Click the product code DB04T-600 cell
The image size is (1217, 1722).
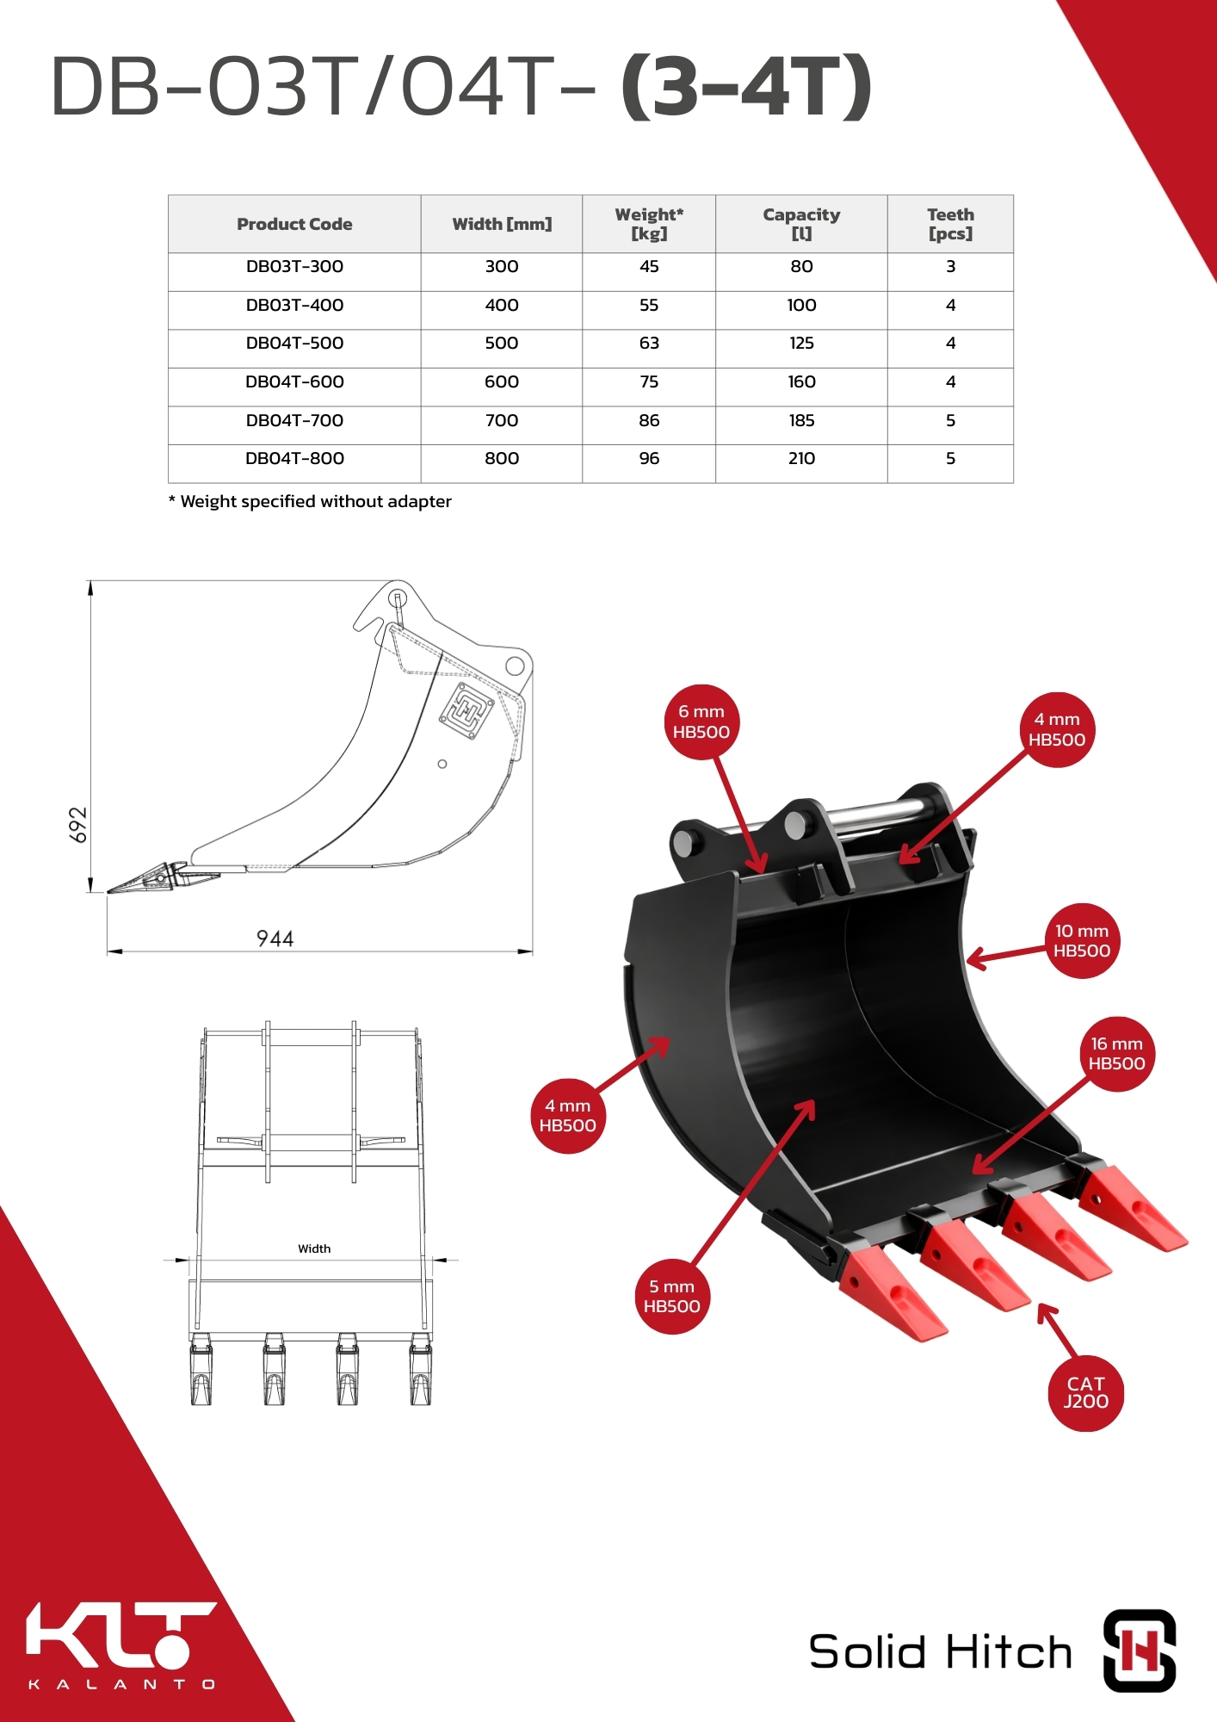tap(294, 381)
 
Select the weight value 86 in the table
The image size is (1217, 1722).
tap(649, 420)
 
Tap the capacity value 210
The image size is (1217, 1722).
tap(801, 458)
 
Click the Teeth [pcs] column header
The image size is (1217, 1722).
tap(950, 224)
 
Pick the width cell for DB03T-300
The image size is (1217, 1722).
tap(502, 266)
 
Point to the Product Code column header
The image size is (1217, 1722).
tap(294, 224)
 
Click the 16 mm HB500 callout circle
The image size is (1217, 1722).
tap(1116, 1054)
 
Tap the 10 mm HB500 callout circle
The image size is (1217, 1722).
tap(1082, 941)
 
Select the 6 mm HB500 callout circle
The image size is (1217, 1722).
tap(701, 722)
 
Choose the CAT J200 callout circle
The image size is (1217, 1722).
tap(1086, 1393)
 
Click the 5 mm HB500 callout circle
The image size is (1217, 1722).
tap(672, 1297)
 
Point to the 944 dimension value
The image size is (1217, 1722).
tap(275, 938)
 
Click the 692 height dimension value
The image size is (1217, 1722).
tap(77, 825)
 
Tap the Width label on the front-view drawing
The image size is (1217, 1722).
tap(314, 1248)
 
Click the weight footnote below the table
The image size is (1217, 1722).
tap(310, 501)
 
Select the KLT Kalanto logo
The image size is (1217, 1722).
tap(121, 1645)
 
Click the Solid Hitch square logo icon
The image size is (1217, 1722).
tap(1140, 1651)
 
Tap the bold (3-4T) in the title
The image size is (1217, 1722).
tap(746, 86)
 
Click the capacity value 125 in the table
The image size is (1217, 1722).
tap(801, 343)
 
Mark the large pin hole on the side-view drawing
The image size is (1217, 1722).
tap(515, 666)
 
